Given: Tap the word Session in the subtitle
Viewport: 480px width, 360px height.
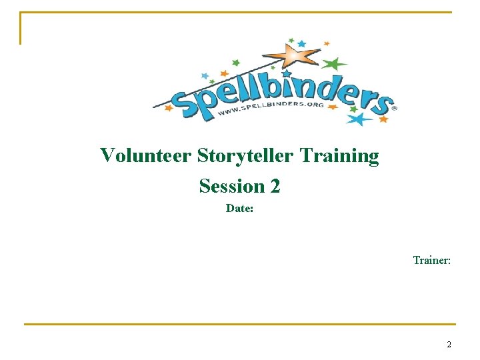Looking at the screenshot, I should (x=229, y=185).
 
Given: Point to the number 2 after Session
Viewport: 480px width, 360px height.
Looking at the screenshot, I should (x=275, y=185).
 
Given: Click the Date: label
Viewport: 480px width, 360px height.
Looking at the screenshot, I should (x=239, y=209).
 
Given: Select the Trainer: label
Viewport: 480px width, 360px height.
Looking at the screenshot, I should (x=431, y=260).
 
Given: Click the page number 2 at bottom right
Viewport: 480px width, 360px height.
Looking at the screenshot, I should (x=449, y=345).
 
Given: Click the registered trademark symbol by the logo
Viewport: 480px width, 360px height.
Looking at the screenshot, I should (x=394, y=107).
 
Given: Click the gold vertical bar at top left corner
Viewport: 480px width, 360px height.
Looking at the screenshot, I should (x=21, y=28).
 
